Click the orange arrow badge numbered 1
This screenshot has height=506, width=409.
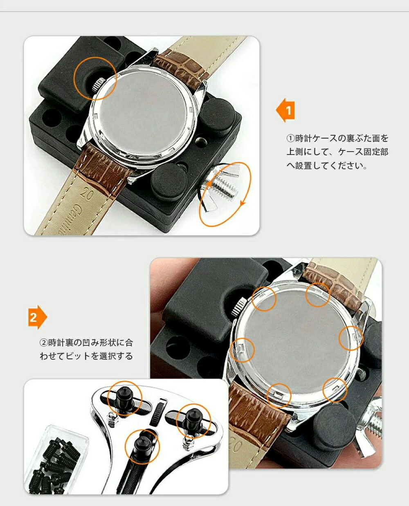pyautogui.click(x=286, y=110)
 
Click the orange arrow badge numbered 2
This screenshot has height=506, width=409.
pyautogui.click(x=37, y=318)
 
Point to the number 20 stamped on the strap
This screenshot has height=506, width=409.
pyautogui.click(x=87, y=194)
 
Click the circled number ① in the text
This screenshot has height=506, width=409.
pyautogui.click(x=290, y=139)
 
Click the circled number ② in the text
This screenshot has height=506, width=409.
pyautogui.click(x=43, y=343)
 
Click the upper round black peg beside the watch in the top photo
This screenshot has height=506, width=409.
pyautogui.click(x=218, y=117)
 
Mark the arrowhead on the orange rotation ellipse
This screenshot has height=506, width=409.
pyautogui.click(x=243, y=203)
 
